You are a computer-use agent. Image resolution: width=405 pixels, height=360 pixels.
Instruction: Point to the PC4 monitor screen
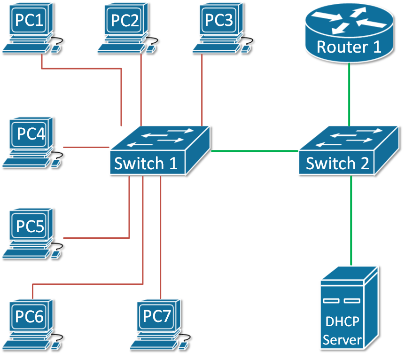[x=31, y=134]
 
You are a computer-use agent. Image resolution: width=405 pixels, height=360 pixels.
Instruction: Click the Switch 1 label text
[x=146, y=164]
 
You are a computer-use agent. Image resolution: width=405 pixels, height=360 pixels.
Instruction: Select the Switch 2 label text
[x=337, y=164]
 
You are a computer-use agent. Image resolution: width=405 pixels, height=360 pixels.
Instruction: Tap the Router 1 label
[x=349, y=47]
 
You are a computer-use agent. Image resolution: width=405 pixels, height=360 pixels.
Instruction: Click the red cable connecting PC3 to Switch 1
[x=202, y=89]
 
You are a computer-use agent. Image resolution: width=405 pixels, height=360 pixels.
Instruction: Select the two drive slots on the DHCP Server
[x=342, y=300]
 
